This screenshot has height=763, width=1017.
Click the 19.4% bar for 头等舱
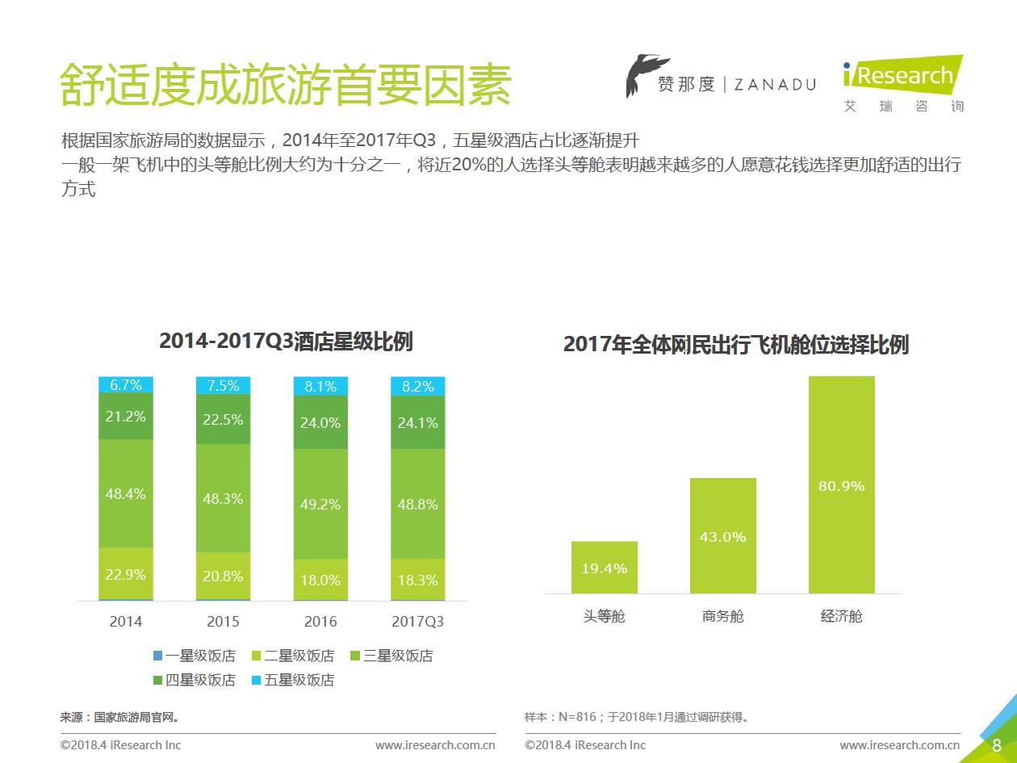click(604, 567)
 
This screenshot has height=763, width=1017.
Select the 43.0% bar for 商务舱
click(722, 535)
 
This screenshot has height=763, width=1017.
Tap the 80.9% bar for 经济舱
click(841, 484)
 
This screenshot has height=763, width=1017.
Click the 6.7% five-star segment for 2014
click(125, 385)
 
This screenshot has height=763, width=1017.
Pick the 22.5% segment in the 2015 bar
click(223, 419)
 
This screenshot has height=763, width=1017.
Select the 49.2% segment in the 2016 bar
click(320, 504)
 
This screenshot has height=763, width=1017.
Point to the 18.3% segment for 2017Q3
click(417, 580)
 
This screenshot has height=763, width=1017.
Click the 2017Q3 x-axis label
click(417, 622)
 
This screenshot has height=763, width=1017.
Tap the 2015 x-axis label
click(223, 622)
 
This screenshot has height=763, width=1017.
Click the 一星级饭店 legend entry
click(194, 656)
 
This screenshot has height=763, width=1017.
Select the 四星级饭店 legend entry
click(194, 680)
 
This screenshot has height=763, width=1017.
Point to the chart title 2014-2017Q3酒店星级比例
click(286, 342)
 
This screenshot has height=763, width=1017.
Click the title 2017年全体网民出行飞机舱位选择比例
click(735, 345)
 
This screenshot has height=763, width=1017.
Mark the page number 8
click(997, 744)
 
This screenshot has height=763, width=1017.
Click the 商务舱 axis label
click(722, 616)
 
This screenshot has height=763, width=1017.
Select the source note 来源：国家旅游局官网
click(119, 716)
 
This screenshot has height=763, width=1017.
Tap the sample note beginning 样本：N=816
click(636, 716)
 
